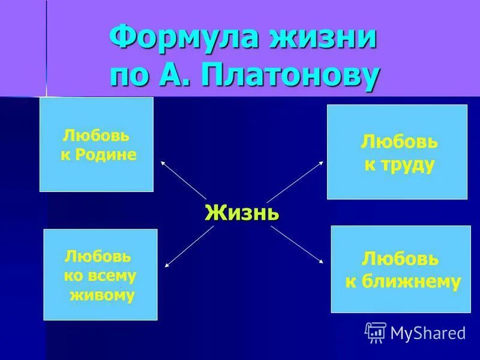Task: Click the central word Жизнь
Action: point(242,213)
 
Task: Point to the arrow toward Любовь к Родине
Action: point(182,180)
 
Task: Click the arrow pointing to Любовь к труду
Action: point(295,181)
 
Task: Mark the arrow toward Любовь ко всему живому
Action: point(187,247)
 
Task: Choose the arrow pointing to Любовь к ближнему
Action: point(297,244)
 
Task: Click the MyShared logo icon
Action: point(376,332)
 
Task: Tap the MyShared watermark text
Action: point(428,332)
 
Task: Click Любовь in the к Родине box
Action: point(96,136)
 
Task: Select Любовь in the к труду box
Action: point(399,143)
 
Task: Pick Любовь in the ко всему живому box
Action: point(97,256)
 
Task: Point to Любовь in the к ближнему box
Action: point(400,259)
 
